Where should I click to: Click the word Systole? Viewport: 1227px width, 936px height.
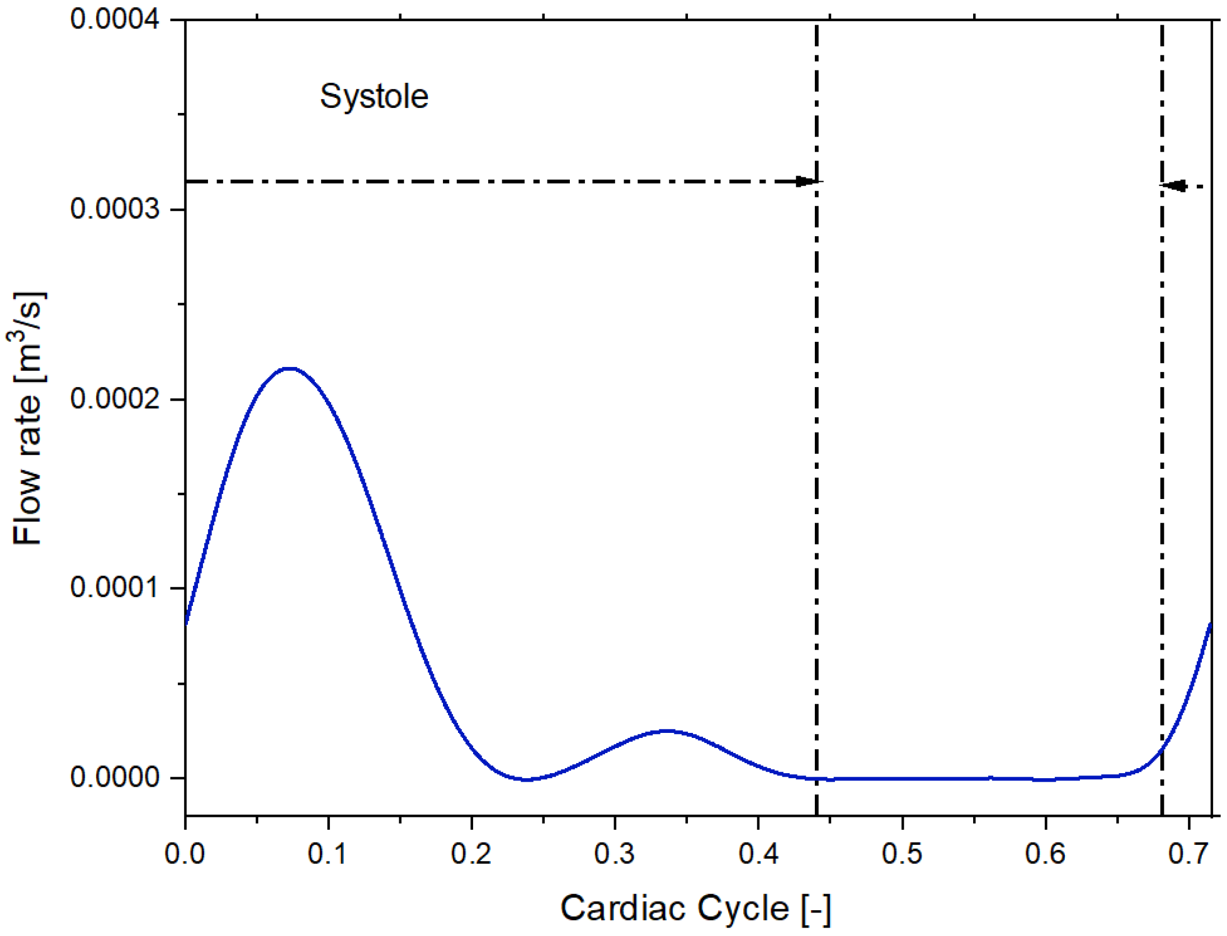click(x=374, y=97)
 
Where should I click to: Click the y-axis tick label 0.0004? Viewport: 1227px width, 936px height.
click(x=115, y=20)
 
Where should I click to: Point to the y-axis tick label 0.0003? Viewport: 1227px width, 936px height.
click(x=115, y=209)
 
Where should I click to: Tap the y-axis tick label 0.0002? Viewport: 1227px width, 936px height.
click(x=115, y=399)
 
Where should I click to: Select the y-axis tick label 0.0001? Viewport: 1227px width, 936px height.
click(x=115, y=588)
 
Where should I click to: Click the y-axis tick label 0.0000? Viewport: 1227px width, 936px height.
click(x=115, y=778)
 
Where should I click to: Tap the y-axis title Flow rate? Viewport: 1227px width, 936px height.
click(x=28, y=418)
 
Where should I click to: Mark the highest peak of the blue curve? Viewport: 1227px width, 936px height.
click(x=289, y=369)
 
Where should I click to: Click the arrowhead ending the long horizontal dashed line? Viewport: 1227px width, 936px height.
click(x=807, y=181)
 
